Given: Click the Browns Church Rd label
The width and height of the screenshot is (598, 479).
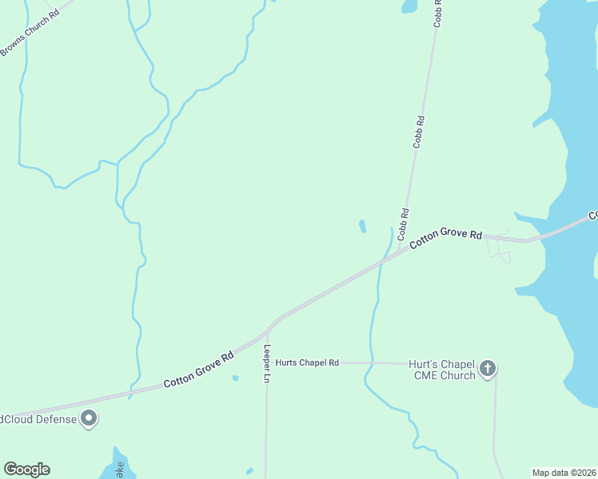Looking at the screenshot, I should tap(30, 32).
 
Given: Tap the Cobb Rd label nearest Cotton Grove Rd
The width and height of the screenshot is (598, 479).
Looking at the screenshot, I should tap(405, 220).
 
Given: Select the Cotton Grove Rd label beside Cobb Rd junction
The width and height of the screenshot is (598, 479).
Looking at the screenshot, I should tap(446, 239).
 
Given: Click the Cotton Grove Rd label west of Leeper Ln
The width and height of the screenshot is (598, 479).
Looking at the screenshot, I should tap(198, 371).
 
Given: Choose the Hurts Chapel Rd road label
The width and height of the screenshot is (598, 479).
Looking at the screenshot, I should tap(307, 362).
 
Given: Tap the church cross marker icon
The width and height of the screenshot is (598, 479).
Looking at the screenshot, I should tap(488, 369).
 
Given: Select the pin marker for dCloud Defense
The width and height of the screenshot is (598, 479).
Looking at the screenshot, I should tap(90, 418).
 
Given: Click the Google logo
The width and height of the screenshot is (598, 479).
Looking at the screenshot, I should tap(26, 469).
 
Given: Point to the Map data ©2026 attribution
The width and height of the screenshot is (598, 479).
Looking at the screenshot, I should tap(564, 472).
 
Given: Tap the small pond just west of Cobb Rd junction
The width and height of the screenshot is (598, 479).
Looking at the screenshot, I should tap(363, 227).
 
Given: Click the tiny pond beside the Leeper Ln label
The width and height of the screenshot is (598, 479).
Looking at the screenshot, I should tap(235, 378).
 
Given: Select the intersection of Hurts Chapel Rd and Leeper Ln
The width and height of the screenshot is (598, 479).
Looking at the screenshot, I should tap(267, 362).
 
